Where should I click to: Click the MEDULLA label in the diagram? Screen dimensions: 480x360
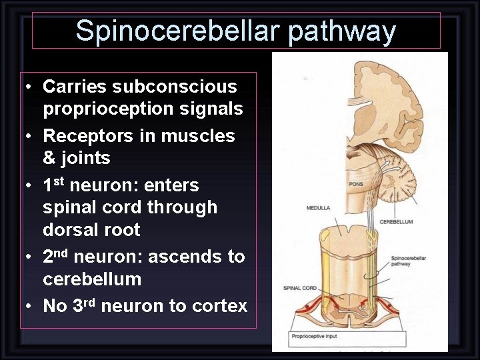click(x=318, y=208)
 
